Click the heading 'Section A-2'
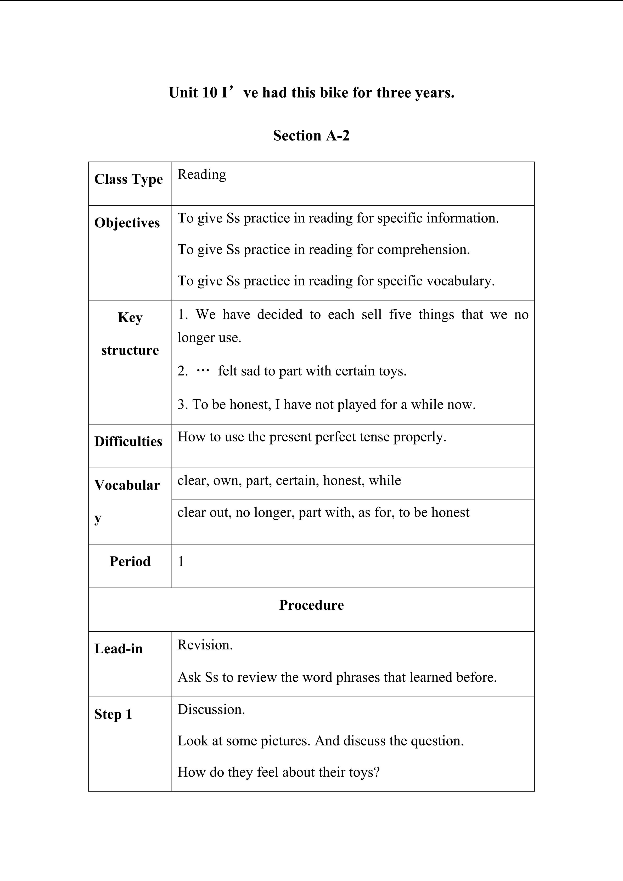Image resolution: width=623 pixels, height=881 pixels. (311, 136)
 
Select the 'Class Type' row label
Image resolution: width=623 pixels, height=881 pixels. (128, 179)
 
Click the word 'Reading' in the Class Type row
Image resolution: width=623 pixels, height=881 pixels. (202, 175)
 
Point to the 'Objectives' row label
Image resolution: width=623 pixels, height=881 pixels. (127, 223)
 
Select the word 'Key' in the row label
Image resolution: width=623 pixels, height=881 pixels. (130, 318)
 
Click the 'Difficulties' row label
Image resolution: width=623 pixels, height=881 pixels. (128, 442)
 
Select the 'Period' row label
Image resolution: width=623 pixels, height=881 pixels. (130, 562)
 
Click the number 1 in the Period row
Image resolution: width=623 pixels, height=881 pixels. (181, 562)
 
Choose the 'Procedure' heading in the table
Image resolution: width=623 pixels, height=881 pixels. (311, 605)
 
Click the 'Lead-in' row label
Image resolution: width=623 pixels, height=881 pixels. (119, 649)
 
